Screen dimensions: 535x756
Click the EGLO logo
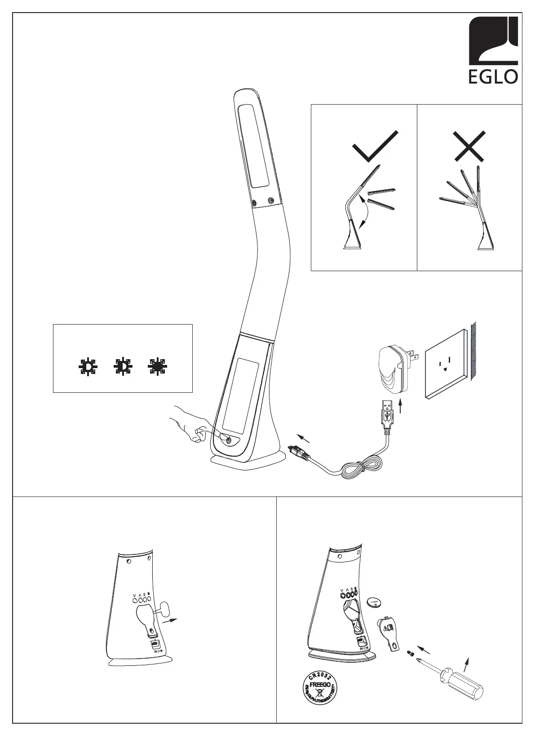pos(493,50)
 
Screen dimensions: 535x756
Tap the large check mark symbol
pos(376,146)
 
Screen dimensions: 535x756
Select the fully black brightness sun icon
pos(157,367)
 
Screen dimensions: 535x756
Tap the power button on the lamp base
pos(229,440)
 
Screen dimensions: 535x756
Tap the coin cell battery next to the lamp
pos(375,602)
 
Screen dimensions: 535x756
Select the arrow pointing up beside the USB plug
pos(400,408)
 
